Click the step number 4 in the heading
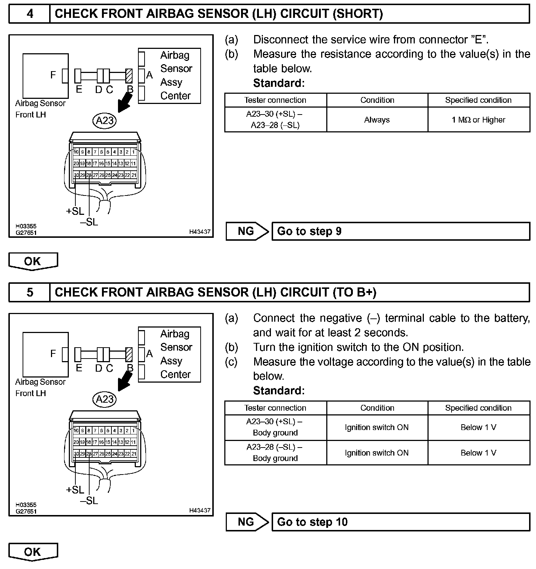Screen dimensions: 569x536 (30, 14)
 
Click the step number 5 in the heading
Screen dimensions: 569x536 (30, 293)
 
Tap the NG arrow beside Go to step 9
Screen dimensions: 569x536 (247, 231)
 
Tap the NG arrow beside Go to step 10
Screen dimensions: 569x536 (247, 522)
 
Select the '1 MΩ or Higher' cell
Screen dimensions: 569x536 (478, 120)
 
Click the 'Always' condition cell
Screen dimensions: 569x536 (377, 120)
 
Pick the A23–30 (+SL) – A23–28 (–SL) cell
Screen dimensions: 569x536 (275, 120)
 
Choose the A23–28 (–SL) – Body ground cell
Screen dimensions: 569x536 (275, 453)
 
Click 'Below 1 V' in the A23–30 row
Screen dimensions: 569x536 (478, 427)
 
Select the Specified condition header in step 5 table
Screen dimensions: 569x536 (478, 408)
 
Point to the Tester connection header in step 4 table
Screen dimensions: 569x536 (275, 100)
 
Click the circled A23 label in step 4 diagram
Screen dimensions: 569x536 (105, 120)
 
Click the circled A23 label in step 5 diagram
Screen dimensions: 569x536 (105, 399)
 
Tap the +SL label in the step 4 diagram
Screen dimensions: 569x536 (75, 211)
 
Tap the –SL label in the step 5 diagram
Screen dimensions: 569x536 (90, 500)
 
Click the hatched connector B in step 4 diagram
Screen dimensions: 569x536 (129, 76)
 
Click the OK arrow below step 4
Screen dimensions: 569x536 (33, 261)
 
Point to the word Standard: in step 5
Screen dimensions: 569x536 (279, 391)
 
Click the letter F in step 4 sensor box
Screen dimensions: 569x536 (53, 75)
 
